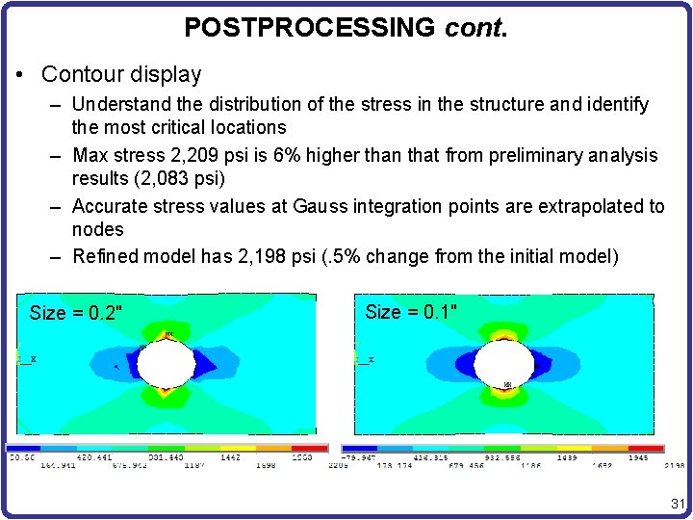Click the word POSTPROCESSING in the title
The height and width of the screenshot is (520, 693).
(x=309, y=27)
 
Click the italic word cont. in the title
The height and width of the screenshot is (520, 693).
(x=475, y=27)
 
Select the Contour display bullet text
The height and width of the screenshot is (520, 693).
(x=121, y=74)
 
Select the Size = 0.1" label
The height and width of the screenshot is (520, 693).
(x=411, y=311)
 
